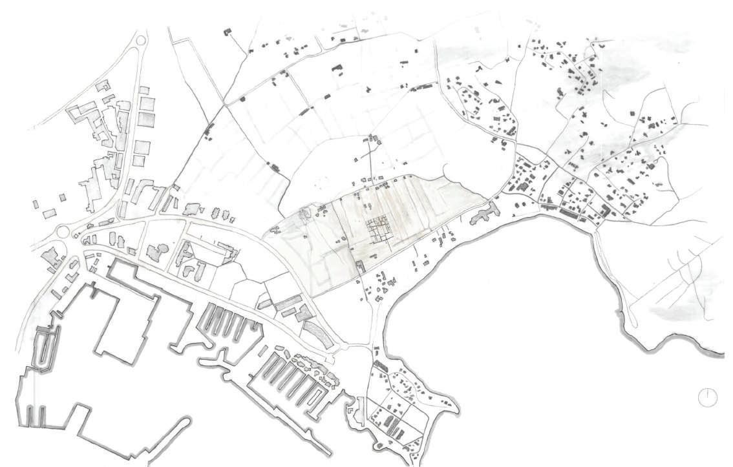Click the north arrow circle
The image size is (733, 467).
[x=708, y=397]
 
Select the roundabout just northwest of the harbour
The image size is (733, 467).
[x=63, y=231]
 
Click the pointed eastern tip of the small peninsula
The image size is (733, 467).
[x=458, y=409]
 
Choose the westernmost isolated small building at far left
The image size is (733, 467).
[x=36, y=204]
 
